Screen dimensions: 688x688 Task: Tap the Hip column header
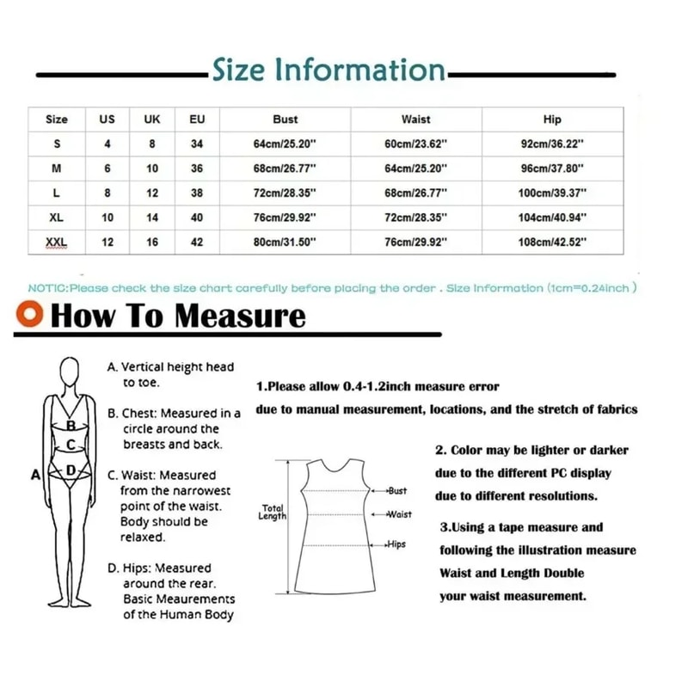pyautogui.click(x=551, y=120)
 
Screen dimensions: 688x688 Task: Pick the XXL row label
pyautogui.click(x=57, y=243)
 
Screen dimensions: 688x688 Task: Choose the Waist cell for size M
pyautogui.click(x=415, y=169)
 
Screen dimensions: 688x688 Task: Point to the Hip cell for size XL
pyautogui.click(x=551, y=218)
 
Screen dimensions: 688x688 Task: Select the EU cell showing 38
pyautogui.click(x=197, y=193)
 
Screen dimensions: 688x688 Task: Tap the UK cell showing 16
pyautogui.click(x=152, y=243)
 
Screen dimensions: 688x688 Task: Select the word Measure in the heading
pyautogui.click(x=240, y=316)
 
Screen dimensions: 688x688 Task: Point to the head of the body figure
pyautogui.click(x=70, y=371)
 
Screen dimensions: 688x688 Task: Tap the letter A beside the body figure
pyautogui.click(x=35, y=474)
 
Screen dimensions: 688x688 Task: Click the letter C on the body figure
pyautogui.click(x=71, y=445)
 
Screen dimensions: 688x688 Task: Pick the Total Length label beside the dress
pyautogui.click(x=273, y=513)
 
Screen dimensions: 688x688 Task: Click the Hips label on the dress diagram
pyautogui.click(x=396, y=544)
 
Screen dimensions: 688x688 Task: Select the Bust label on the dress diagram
pyautogui.click(x=396, y=490)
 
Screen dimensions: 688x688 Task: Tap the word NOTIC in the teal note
pyautogui.click(x=47, y=288)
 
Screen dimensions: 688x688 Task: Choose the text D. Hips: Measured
pyautogui.click(x=159, y=568)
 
